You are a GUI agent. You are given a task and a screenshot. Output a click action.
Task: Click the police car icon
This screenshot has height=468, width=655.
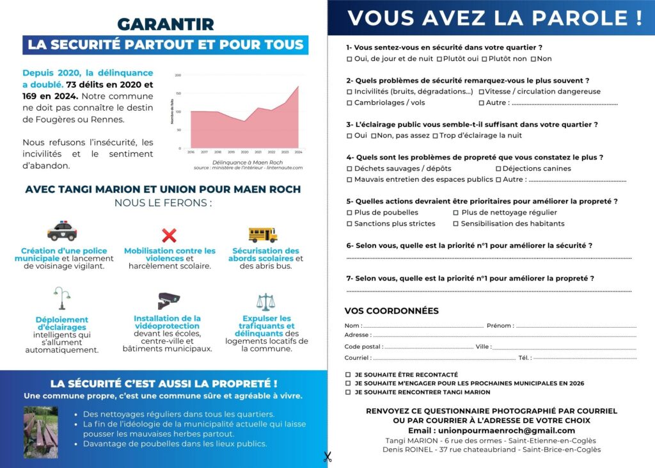tap(62, 231)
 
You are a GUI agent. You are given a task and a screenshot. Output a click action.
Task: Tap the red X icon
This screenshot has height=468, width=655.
tap(169, 235)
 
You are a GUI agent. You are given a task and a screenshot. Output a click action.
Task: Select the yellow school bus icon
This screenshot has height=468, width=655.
tap(263, 234)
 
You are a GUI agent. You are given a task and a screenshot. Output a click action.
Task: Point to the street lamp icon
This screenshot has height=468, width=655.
tap(61, 298)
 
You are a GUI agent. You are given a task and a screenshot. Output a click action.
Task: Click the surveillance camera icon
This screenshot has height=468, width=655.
tap(168, 300)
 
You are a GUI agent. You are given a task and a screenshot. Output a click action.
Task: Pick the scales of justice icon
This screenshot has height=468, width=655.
tap(264, 302)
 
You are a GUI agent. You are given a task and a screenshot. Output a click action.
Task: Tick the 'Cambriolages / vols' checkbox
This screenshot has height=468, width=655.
tap(349, 102)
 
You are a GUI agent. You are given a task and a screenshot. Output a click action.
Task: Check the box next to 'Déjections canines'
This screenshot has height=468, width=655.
tap(498, 168)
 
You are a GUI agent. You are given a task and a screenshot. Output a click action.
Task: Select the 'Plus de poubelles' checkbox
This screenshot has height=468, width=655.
tap(349, 213)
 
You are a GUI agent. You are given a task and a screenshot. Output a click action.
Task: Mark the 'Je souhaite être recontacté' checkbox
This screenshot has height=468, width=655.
tap(348, 375)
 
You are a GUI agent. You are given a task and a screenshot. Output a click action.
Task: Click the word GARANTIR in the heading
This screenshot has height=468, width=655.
tap(166, 24)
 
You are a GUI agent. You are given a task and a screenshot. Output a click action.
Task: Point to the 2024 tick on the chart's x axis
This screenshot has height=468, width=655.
tap(298, 152)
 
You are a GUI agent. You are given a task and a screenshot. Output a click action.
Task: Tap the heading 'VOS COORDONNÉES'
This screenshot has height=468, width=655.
tap(391, 311)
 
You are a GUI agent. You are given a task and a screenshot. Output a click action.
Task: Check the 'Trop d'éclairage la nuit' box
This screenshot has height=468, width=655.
tap(436, 136)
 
